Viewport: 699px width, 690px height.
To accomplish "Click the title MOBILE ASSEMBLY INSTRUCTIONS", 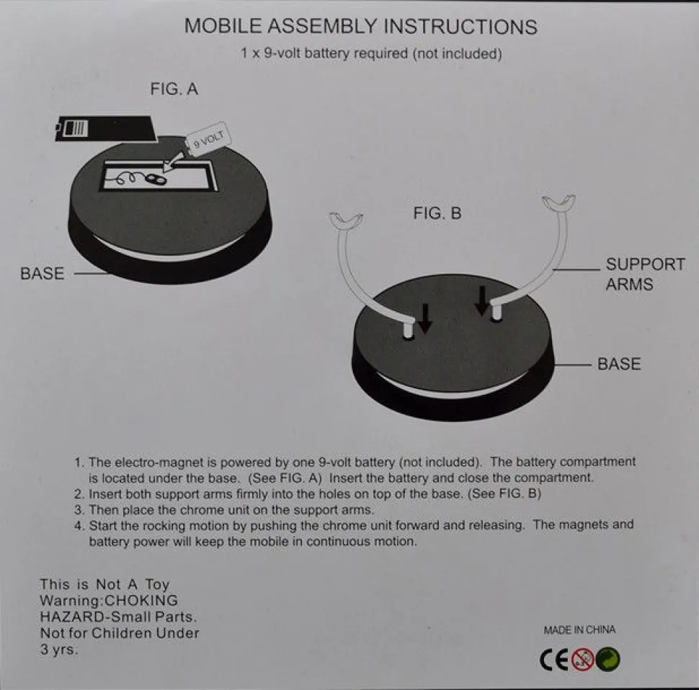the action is point(360,26).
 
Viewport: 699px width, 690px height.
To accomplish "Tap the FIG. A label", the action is point(174,89).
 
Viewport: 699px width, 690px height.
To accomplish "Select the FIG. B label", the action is point(437,213).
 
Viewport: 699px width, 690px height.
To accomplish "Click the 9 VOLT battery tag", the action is point(208,139).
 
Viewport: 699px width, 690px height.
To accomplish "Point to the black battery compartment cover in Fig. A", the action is point(105,129).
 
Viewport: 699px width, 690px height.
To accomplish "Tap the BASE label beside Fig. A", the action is point(43,274).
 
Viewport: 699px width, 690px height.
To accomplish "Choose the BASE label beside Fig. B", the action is point(619,364).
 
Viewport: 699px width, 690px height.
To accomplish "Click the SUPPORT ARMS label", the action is point(645,274).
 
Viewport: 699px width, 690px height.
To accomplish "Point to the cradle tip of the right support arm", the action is point(558,202).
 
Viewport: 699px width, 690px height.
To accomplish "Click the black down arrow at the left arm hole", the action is point(425,318).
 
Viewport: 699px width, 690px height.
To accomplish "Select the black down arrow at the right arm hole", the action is point(482,300).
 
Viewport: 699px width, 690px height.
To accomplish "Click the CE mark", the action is point(554,660).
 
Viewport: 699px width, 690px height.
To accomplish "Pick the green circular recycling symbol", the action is point(608,659).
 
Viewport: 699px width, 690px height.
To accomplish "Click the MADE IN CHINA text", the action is point(579,630).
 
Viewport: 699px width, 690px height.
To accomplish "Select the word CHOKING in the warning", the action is point(141,601).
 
